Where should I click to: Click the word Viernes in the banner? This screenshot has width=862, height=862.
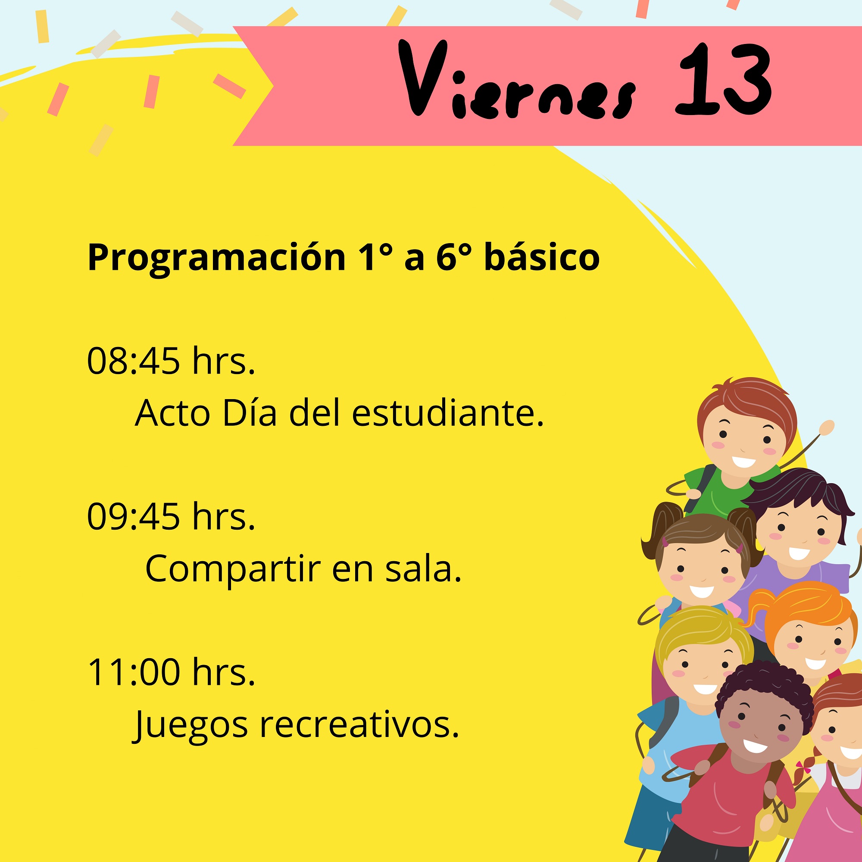point(518,80)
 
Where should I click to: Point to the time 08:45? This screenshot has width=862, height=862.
point(134,360)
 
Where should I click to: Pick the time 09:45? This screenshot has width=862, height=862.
point(134,517)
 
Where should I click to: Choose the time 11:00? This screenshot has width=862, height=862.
point(134,672)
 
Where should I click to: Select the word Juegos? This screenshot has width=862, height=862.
point(191,726)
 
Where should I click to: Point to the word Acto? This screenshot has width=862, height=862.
point(172,412)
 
